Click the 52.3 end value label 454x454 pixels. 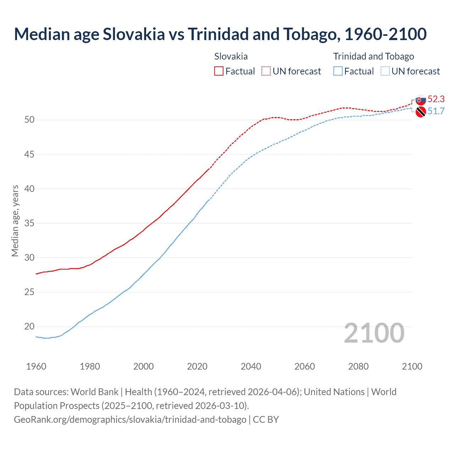coord(436,99)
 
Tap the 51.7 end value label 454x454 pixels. coord(436,111)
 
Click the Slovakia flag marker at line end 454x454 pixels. coord(421,100)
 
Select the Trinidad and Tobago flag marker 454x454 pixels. coord(421,112)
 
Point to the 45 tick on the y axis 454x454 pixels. coord(29,154)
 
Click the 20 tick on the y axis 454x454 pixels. coord(29,327)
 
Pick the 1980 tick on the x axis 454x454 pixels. coord(90,366)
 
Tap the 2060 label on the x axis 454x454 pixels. coord(305,366)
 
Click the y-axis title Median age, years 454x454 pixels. coord(15,221)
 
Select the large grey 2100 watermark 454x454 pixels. coord(374,333)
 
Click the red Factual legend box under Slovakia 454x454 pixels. coord(219,71)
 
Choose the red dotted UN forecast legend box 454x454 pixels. coord(266,71)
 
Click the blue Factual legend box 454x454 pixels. coord(338,71)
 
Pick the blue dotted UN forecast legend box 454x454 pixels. coord(385,71)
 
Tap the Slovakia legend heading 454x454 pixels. coord(231,56)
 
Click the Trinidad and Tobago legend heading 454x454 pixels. coord(373,56)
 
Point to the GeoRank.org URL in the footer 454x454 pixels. coord(130,420)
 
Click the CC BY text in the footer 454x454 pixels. coord(266,420)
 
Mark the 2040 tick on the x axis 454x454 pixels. coord(251,366)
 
